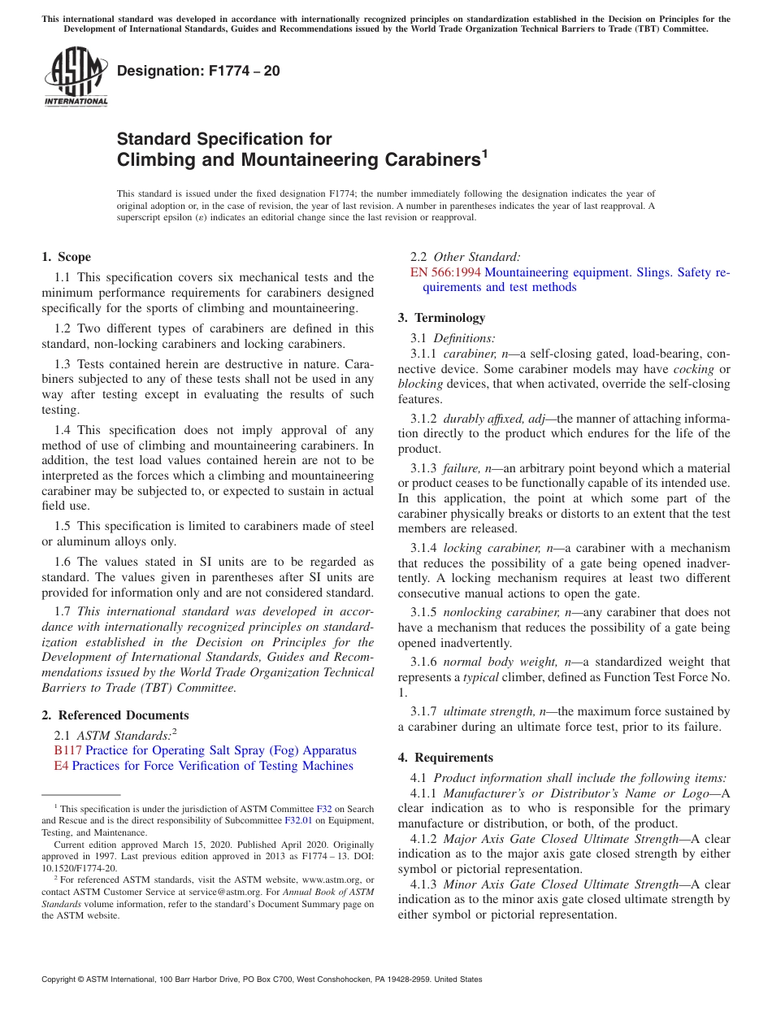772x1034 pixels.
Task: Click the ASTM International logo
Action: (x=76, y=76)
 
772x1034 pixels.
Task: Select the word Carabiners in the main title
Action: (x=421, y=160)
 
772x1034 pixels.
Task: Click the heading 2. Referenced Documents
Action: (x=115, y=715)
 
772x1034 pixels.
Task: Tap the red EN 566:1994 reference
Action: (x=446, y=272)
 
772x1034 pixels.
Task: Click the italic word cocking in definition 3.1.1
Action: (x=694, y=369)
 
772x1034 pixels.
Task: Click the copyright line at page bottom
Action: (x=262, y=980)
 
